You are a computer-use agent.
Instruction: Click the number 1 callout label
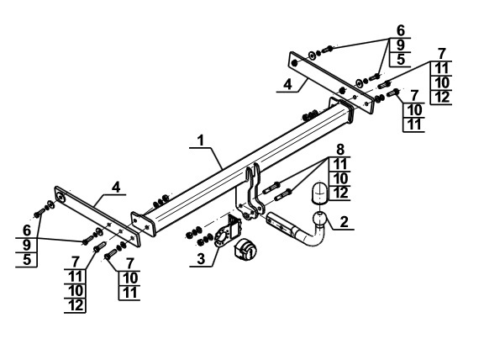coord(201,141)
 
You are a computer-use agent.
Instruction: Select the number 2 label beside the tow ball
coord(344,221)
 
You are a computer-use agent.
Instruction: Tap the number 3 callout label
coord(201,258)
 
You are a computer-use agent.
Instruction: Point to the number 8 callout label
coord(339,150)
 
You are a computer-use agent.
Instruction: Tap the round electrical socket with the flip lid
coord(245,250)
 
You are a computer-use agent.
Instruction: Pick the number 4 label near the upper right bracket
coord(287,84)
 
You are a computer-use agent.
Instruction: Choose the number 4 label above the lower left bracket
coord(116,188)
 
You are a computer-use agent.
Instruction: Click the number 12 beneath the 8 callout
coord(340,193)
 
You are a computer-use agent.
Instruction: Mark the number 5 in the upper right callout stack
coord(401,59)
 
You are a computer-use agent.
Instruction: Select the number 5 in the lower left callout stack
coord(27,259)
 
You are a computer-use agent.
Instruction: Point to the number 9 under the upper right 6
coord(400,45)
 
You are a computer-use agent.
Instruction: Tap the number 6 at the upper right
coord(400,30)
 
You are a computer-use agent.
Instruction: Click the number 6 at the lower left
coord(27,230)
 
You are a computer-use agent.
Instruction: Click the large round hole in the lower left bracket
coord(61,198)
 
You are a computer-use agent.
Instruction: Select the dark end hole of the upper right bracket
coord(294,63)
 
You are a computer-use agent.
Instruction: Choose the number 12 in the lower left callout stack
coord(76,305)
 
